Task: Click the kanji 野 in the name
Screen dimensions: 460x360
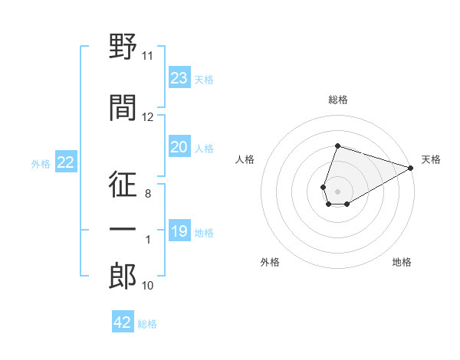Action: pyautogui.click(x=123, y=46)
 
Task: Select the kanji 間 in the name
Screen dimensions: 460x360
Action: pyautogui.click(x=123, y=107)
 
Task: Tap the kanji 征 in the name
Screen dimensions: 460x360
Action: pyautogui.click(x=123, y=184)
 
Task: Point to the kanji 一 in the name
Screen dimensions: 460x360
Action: pyautogui.click(x=123, y=229)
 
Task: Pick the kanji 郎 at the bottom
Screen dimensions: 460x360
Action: pyautogui.click(x=123, y=276)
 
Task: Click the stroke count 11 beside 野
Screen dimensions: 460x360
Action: pyautogui.click(x=147, y=56)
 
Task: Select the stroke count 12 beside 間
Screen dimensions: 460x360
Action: pyautogui.click(x=147, y=117)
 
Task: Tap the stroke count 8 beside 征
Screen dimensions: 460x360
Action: pyautogui.click(x=148, y=194)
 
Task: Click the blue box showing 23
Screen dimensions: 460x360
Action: pyautogui.click(x=179, y=77)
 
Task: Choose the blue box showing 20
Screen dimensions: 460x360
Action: pyautogui.click(x=179, y=146)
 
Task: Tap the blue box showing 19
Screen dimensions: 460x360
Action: pyautogui.click(x=179, y=230)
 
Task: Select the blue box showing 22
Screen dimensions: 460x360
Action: pyautogui.click(x=66, y=162)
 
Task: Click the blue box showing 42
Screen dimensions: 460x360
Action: pyautogui.click(x=123, y=321)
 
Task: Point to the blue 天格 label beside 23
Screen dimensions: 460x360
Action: pyautogui.click(x=204, y=80)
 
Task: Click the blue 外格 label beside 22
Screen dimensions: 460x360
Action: pyautogui.click(x=41, y=164)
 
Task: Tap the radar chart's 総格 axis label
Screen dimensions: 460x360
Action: pyautogui.click(x=338, y=100)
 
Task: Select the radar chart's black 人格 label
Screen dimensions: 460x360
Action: pyautogui.click(x=245, y=159)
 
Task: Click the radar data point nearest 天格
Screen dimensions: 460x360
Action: pyautogui.click(x=411, y=168)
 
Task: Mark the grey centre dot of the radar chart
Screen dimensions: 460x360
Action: pyautogui.click(x=337, y=191)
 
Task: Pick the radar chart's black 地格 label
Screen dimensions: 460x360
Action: pyautogui.click(x=402, y=262)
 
